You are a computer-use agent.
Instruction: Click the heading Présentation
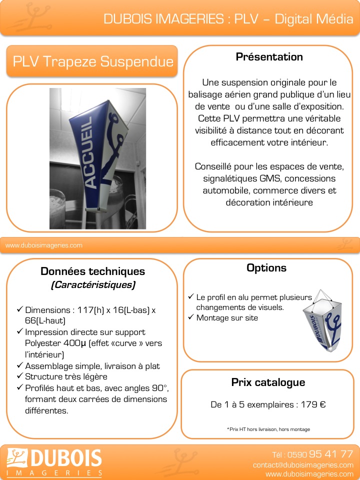[x=269, y=57]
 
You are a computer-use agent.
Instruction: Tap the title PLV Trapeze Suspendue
[x=92, y=61]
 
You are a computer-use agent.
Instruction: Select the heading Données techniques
[x=92, y=271]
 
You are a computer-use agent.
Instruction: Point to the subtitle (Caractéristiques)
[x=92, y=285]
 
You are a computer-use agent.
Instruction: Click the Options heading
[x=266, y=268]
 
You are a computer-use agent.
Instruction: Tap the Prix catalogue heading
[x=268, y=382]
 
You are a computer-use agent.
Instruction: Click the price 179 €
[x=313, y=404]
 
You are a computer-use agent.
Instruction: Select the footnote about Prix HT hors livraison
[x=268, y=429]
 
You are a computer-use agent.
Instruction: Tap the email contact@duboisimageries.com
[x=303, y=465]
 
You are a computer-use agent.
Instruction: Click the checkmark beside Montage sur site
[x=190, y=317]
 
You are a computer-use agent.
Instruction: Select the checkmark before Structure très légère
[x=19, y=376]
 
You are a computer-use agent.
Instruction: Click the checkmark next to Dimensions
[x=19, y=310]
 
